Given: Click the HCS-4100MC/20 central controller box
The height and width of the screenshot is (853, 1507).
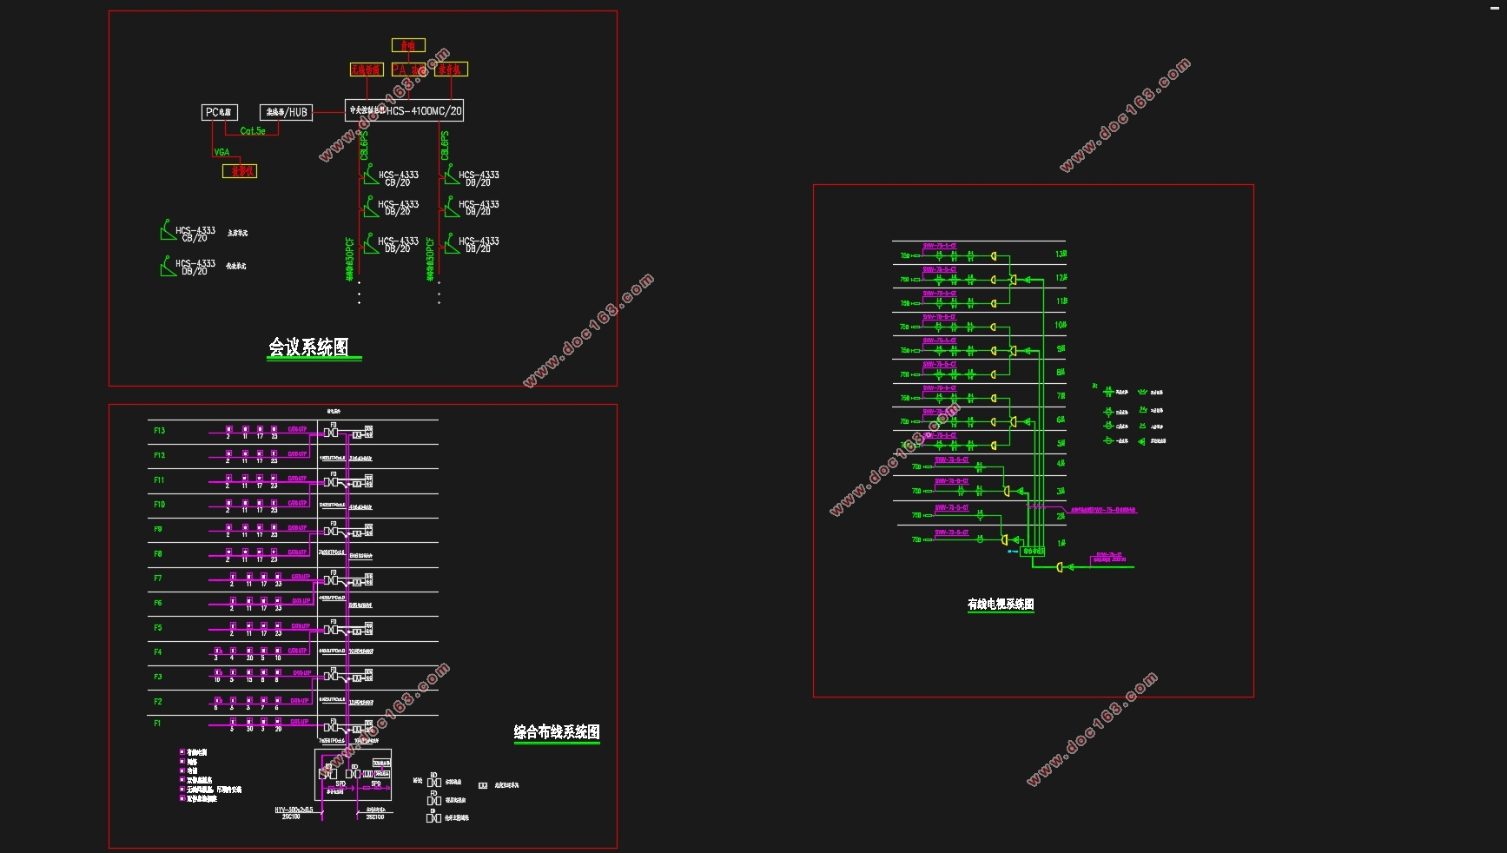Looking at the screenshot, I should [404, 110].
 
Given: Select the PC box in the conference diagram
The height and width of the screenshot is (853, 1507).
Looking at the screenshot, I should [219, 112].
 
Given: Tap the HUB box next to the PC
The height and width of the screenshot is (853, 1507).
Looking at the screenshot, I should [286, 112].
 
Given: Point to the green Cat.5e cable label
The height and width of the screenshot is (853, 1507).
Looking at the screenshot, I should [253, 131].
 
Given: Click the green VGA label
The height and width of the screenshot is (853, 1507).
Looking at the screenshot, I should [222, 152].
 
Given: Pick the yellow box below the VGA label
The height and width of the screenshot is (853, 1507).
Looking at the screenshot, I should [240, 171].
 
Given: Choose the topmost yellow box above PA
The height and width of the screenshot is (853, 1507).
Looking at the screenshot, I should [408, 45].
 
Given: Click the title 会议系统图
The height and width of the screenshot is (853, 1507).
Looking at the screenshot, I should [308, 347].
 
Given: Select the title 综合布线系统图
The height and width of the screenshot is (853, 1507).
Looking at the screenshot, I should [557, 732].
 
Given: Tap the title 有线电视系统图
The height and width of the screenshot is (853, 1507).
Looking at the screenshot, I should [1001, 604].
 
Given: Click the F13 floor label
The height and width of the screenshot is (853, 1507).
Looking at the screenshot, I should [159, 431].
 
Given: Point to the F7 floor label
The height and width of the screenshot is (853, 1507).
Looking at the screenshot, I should [157, 579].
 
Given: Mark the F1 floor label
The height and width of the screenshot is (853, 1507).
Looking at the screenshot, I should [157, 723].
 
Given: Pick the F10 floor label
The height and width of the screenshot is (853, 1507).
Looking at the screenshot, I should [159, 505].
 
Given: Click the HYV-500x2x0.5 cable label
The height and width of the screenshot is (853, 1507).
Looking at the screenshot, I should [294, 810].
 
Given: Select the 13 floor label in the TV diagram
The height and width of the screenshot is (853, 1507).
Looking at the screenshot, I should [1061, 255].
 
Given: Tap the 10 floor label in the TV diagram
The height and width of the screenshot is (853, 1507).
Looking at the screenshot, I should [1061, 325].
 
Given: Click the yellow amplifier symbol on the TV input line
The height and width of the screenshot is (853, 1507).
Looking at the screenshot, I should [1060, 567].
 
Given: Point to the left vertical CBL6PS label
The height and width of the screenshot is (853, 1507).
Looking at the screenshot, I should [364, 145].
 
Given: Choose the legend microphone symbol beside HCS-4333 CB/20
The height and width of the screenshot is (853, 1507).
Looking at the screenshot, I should [168, 231].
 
